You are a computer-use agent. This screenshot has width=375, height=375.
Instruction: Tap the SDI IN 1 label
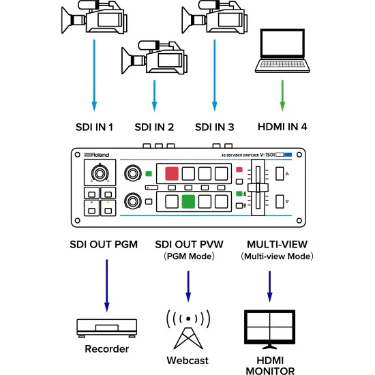tap(94, 127)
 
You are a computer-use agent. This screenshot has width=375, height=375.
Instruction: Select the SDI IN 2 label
tap(154, 127)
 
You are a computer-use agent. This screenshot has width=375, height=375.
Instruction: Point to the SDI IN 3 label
tap(214, 127)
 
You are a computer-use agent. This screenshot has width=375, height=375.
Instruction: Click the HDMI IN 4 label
tap(282, 127)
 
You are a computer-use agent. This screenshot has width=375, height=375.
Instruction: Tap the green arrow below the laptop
tap(283, 95)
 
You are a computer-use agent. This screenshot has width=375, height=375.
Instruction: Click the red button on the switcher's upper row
tap(170, 174)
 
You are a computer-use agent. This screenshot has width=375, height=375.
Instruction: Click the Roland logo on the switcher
tap(87, 155)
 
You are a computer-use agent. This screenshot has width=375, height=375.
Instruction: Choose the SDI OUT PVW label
tap(187, 244)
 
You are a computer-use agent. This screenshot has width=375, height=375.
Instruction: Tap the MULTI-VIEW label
tap(276, 244)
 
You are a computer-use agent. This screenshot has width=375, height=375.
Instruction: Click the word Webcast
tap(187, 360)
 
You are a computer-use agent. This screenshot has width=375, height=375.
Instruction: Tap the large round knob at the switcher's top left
tap(100, 174)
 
